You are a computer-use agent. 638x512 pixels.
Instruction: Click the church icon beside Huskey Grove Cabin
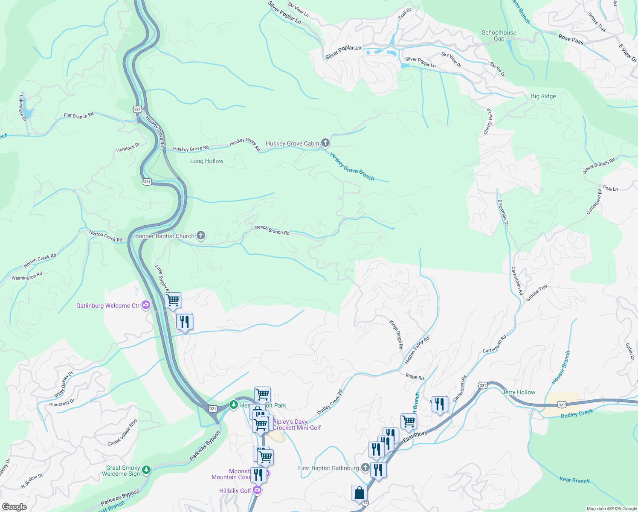(325, 143)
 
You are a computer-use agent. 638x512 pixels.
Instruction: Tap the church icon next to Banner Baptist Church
(200, 236)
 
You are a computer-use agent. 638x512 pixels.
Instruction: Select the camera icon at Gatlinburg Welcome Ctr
(146, 305)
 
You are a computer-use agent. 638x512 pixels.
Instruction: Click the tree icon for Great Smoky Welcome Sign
(146, 470)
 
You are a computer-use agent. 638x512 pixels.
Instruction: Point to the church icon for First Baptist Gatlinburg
(365, 468)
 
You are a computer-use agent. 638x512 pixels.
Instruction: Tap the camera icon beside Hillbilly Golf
(257, 490)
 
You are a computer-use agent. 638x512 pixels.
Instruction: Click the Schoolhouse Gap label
(499, 35)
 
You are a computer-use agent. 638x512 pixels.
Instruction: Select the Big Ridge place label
(543, 96)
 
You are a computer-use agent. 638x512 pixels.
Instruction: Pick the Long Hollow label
(206, 161)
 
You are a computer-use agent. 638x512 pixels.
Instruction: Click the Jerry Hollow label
(519, 392)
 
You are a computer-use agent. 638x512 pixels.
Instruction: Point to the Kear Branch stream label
(574, 480)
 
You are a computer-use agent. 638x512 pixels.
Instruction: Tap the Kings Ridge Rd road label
(396, 335)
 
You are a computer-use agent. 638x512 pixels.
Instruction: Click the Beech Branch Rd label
(272, 230)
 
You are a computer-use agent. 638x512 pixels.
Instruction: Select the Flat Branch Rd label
(78, 116)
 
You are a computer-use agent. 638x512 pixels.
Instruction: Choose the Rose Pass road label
(571, 40)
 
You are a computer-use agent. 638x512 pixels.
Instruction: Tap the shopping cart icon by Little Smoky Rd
(173, 300)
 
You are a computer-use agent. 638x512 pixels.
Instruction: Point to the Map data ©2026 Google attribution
(611, 509)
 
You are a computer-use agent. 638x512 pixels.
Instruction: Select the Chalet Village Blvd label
(122, 433)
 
